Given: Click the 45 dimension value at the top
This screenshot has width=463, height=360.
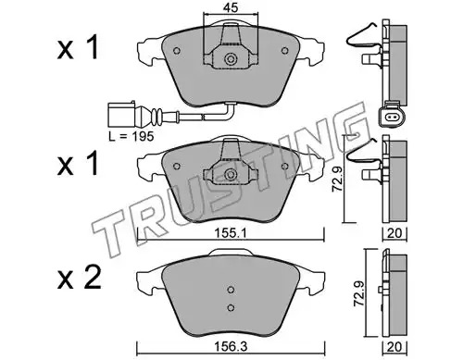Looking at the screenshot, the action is click(231, 8).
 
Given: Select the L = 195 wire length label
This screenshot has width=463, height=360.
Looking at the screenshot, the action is click(131, 136).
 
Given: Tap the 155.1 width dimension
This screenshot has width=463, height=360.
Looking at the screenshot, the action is click(230, 234).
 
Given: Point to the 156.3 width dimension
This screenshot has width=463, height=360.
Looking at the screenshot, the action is click(231, 347).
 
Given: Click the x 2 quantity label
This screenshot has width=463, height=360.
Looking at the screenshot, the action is click(79, 278).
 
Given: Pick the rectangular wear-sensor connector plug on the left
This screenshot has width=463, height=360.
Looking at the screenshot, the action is click(120, 114).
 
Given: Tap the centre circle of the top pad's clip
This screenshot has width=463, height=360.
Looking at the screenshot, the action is click(231, 59).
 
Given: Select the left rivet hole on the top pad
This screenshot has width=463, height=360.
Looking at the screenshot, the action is click(177, 50).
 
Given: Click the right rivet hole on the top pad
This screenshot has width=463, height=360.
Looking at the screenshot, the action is click(284, 50).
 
